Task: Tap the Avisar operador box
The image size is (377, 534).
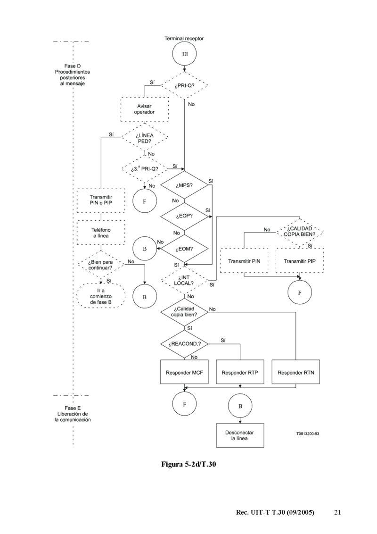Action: coord(145,109)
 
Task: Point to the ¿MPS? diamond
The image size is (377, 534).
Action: coord(184,185)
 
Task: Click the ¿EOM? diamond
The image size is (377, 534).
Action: coord(184,248)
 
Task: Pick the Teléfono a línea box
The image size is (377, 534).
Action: coord(100,232)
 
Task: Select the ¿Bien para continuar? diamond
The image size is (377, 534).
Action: coord(100,265)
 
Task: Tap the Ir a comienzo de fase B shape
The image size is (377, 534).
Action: coord(100,296)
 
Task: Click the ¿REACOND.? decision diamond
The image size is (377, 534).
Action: coord(184,344)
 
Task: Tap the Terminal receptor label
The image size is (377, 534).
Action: coord(184,38)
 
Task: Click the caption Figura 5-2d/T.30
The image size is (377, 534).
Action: coord(188,465)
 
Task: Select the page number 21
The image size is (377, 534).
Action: coord(337,512)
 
